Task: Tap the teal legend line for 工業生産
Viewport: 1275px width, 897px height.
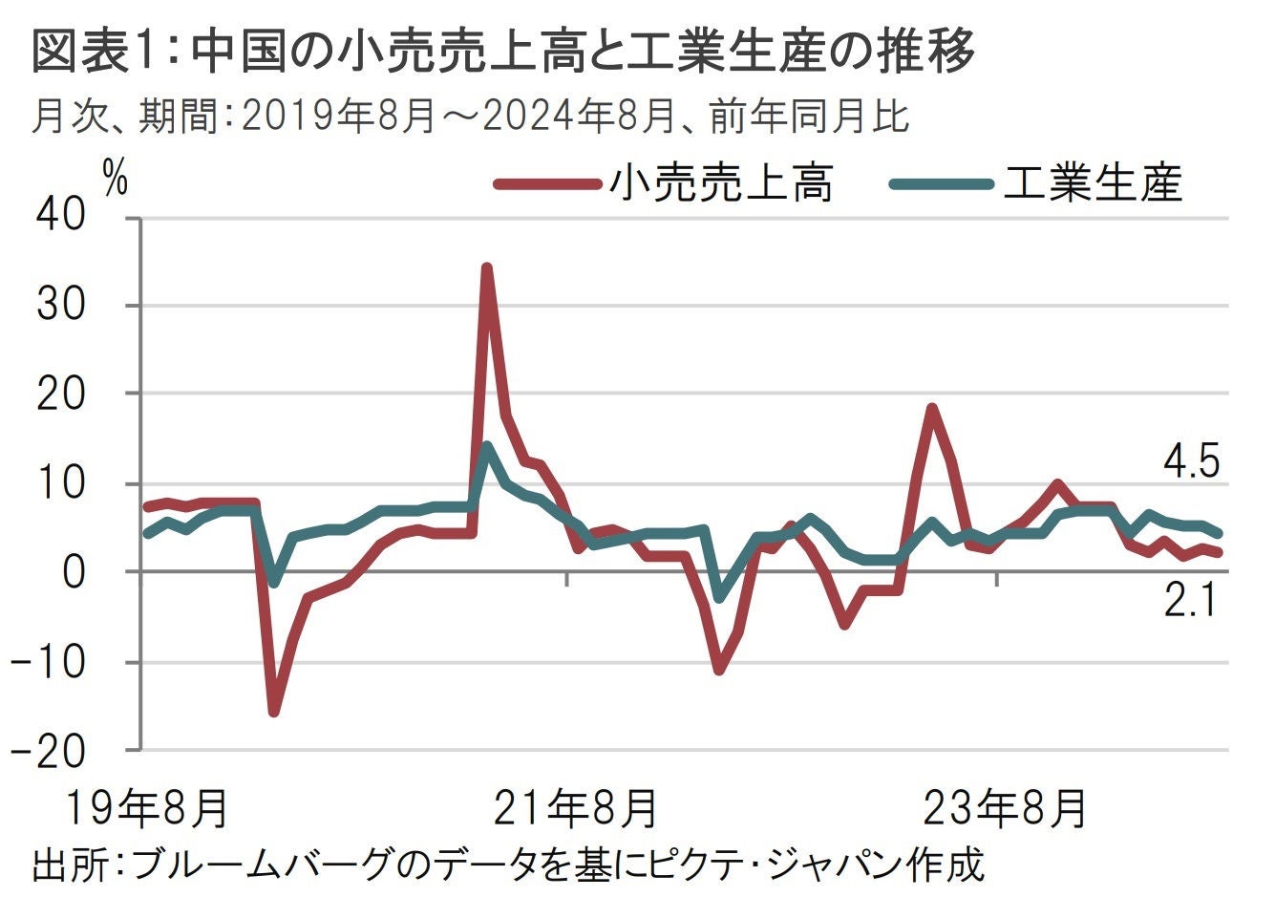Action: (941, 184)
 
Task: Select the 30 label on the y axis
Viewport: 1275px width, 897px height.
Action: (61, 306)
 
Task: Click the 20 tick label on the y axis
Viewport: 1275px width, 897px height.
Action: (61, 395)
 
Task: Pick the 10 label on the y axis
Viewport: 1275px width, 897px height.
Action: (61, 483)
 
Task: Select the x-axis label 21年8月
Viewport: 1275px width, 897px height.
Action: (575, 809)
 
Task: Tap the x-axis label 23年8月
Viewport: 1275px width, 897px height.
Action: (1005, 809)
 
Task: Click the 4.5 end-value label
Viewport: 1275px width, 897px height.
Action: (1190, 463)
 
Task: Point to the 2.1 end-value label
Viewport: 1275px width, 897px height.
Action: (1190, 603)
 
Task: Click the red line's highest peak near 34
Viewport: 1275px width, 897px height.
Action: (486, 268)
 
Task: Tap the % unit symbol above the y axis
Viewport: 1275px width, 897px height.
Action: (116, 178)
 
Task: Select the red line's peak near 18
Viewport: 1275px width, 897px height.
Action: (932, 409)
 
